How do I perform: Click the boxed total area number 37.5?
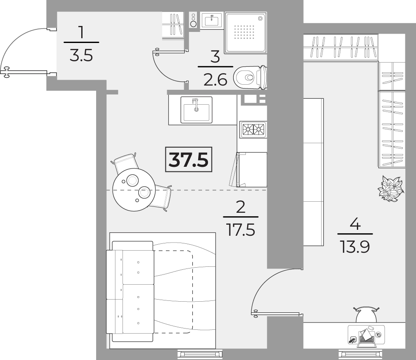[188, 160]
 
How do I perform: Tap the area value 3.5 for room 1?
[81, 56]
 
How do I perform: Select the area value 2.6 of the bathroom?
[215, 80]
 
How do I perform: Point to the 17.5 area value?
[241, 230]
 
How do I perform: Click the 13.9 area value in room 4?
[355, 247]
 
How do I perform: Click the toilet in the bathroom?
[250, 77]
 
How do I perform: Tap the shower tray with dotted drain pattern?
[245, 32]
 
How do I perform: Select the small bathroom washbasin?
[211, 20]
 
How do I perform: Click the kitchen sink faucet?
[196, 104]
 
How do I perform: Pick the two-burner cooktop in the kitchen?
[253, 129]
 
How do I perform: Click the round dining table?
[134, 189]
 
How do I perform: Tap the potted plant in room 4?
[391, 188]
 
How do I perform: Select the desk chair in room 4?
[366, 314]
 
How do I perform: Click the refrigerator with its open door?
[248, 169]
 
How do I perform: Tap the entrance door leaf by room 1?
[26, 71]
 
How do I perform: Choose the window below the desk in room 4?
[361, 354]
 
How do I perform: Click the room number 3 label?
[215, 57]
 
